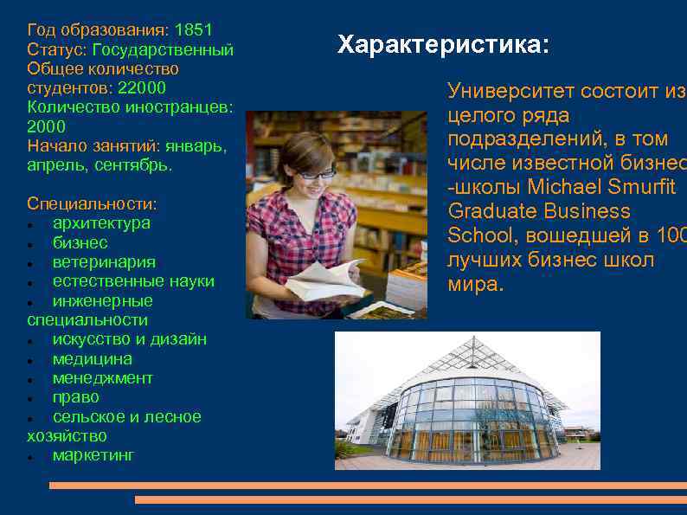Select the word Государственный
[163, 50]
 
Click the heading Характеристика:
[443, 44]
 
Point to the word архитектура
[101, 223]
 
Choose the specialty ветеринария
[104, 262]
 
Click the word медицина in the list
[93, 359]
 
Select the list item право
[76, 397]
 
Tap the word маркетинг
[93, 455]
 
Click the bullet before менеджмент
[30, 379]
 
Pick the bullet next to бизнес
[30, 244]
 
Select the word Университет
[511, 92]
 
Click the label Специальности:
[92, 204]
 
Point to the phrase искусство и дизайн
[129, 339]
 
